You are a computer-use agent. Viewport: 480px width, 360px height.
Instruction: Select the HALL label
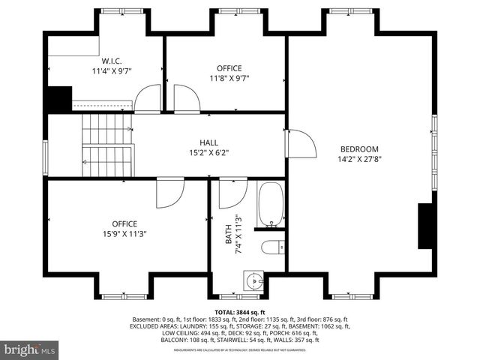tap(208, 142)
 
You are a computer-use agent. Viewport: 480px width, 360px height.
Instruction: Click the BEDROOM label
tap(359, 148)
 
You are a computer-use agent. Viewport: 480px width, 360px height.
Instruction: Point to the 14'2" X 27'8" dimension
tap(359, 159)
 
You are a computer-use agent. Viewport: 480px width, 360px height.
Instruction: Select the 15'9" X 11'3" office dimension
tap(124, 233)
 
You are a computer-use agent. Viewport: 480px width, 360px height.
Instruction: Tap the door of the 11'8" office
tap(185, 98)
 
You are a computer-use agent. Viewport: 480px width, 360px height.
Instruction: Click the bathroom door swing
tap(232, 194)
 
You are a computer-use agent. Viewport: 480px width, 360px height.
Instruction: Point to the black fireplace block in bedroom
tap(424, 225)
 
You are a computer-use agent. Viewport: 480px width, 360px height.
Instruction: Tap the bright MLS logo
tap(30, 349)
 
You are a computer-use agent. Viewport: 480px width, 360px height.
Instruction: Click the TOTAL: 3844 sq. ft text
tap(239, 312)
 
